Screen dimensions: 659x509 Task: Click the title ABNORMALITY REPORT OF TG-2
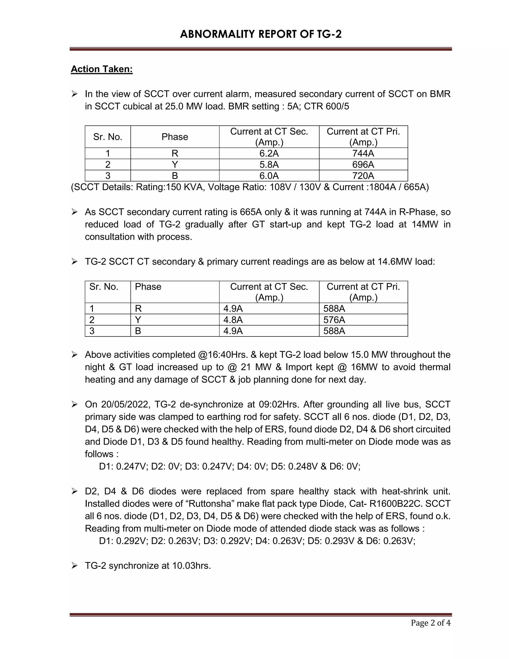coord(260,34)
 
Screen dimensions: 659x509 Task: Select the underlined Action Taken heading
coord(102,69)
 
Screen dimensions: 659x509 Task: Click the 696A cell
coord(363,164)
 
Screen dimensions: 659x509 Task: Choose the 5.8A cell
coord(269,164)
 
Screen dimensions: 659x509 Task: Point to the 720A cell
coord(363,176)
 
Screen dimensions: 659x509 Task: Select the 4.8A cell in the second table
coord(233,320)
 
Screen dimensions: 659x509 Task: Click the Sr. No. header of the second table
coord(104,287)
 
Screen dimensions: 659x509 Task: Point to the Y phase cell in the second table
coord(138,320)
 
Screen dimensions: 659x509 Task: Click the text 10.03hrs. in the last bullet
coord(191,565)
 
